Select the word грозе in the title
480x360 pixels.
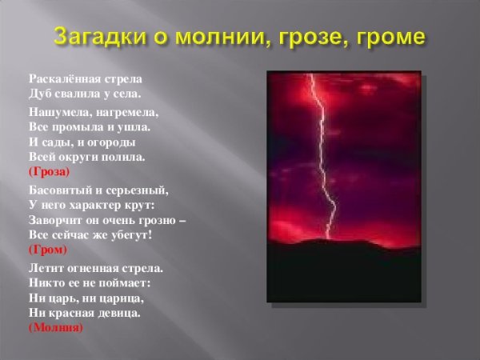point(318,37)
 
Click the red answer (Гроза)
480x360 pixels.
point(49,171)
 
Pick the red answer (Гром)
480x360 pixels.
point(46,249)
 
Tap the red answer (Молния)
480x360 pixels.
point(54,326)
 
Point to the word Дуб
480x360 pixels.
point(39,94)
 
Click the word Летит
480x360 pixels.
point(43,268)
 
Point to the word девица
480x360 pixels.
point(118,312)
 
